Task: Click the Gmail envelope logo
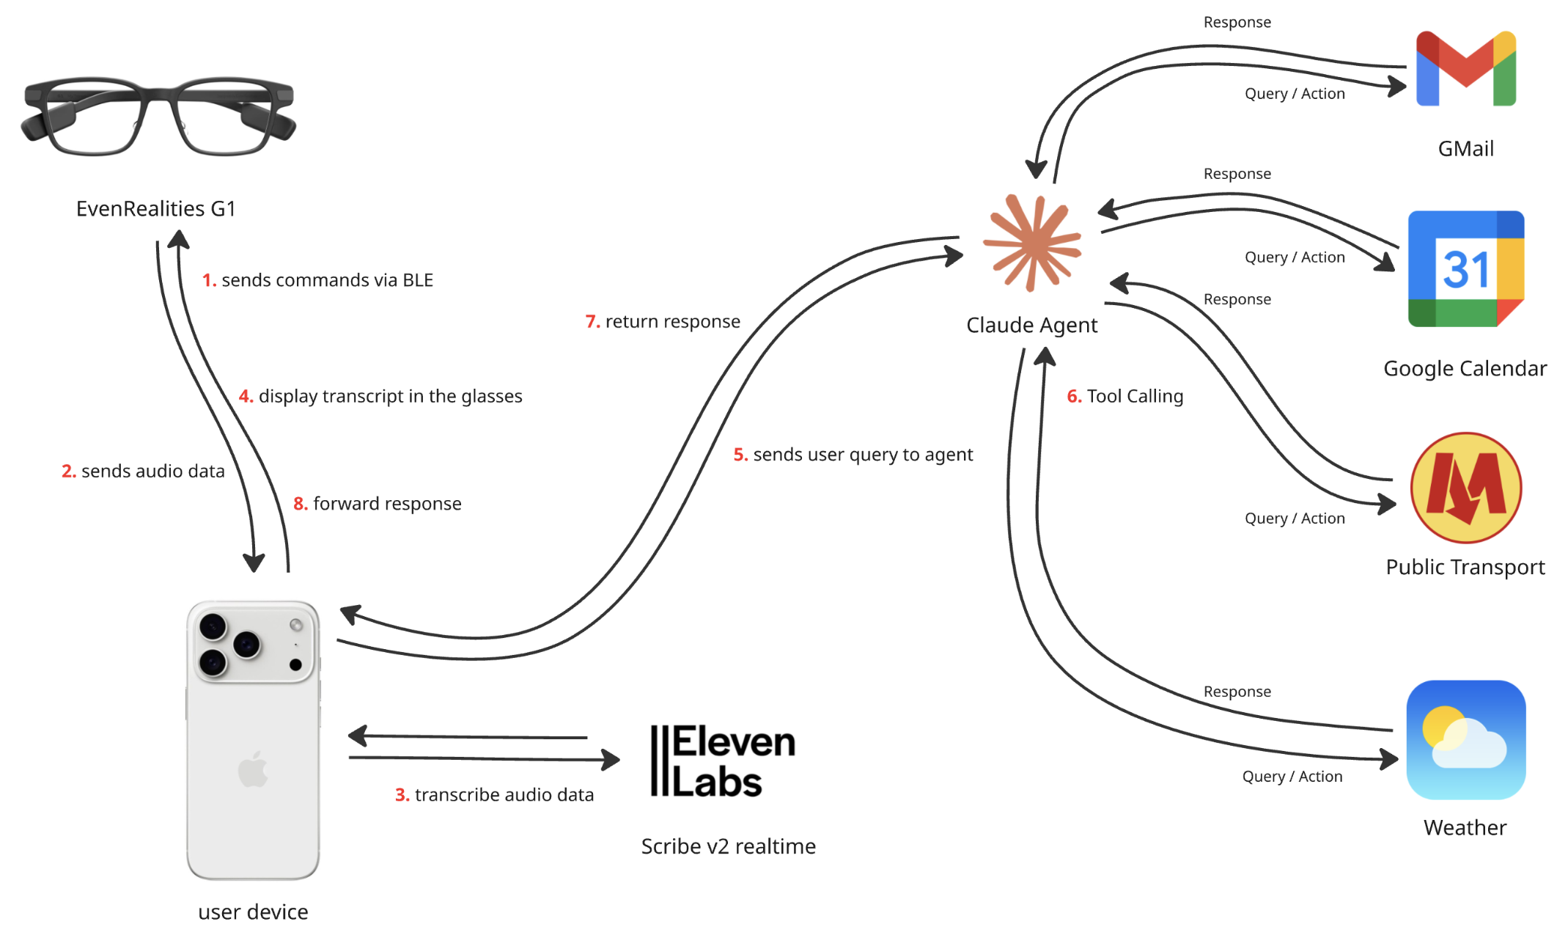[x=1465, y=69]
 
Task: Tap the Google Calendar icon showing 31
[x=1465, y=268]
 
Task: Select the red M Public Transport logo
[x=1465, y=488]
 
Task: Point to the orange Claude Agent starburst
[x=1032, y=243]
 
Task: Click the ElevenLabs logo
[x=723, y=761]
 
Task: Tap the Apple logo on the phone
[x=253, y=769]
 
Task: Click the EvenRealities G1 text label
[x=156, y=209]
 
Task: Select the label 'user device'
[x=253, y=912]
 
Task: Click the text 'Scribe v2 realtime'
[x=728, y=846]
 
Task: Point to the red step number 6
[x=1074, y=397]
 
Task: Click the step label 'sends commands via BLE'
[x=327, y=280]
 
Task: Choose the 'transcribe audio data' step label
[x=504, y=795]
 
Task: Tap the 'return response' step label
[x=672, y=322]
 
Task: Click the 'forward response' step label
[x=387, y=504]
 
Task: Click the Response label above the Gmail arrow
[x=1237, y=22]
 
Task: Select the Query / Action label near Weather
[x=1292, y=777]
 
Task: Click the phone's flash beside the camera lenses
[x=296, y=625]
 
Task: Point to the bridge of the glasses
[x=158, y=95]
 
